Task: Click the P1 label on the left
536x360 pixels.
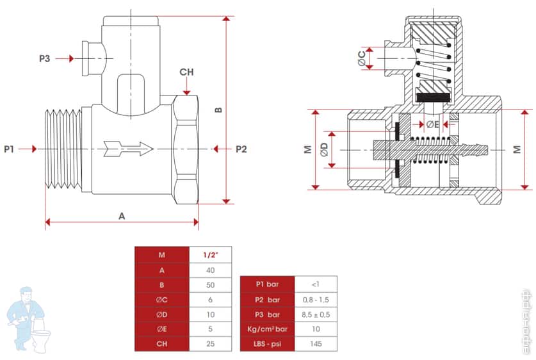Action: click(9, 149)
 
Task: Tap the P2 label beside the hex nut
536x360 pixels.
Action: click(241, 149)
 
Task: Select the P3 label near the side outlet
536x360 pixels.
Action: click(44, 58)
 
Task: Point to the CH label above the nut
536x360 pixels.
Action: click(186, 72)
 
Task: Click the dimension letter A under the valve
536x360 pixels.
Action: click(122, 216)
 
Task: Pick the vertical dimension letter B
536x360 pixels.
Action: click(218, 110)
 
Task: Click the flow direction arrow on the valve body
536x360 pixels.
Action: click(131, 149)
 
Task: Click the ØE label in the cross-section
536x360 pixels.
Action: click(432, 124)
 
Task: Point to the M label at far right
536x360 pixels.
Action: click(516, 149)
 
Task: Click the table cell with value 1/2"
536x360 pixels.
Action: click(210, 254)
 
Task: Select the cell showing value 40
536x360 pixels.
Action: click(210, 270)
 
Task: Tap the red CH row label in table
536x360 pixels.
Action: click(162, 343)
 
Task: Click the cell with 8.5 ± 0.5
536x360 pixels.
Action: click(315, 315)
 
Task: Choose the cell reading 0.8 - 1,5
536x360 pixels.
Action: click(315, 300)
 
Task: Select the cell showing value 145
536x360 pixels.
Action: click(315, 344)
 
